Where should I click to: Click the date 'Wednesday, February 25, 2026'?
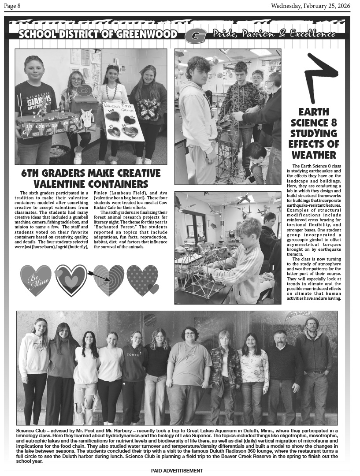pos(310,6)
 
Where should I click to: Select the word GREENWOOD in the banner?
pos(149,34)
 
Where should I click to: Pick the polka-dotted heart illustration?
pos(142,279)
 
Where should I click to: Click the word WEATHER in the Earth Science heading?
pos(313,155)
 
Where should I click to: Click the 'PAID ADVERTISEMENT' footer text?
pos(177,471)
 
